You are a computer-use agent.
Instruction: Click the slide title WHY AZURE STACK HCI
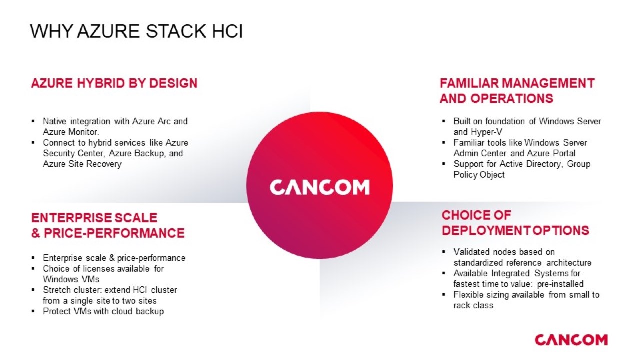coord(136,31)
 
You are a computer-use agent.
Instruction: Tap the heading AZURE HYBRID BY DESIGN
coord(114,83)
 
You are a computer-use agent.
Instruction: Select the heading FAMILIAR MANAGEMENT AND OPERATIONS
coord(517,91)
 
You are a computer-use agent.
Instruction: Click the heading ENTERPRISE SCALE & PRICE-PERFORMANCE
coord(108,225)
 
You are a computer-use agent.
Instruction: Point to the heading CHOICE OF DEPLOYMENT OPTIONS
coord(515,223)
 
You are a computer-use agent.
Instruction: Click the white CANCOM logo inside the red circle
coord(319,187)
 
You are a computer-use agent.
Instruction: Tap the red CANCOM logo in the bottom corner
coord(571,340)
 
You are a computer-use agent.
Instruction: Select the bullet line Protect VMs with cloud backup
coord(103,311)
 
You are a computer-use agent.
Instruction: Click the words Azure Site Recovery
coord(82,164)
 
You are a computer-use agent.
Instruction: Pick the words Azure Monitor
coord(71,132)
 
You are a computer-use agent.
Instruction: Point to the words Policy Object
coord(479,175)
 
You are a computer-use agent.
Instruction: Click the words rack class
coord(473,305)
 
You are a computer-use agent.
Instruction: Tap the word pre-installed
coord(560,284)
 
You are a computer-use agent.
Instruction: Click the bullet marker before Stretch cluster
coord(33,290)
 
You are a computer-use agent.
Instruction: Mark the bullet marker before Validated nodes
coord(444,252)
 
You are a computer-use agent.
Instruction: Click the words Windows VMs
coord(71,279)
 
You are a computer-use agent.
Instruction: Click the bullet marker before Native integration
coord(33,121)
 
